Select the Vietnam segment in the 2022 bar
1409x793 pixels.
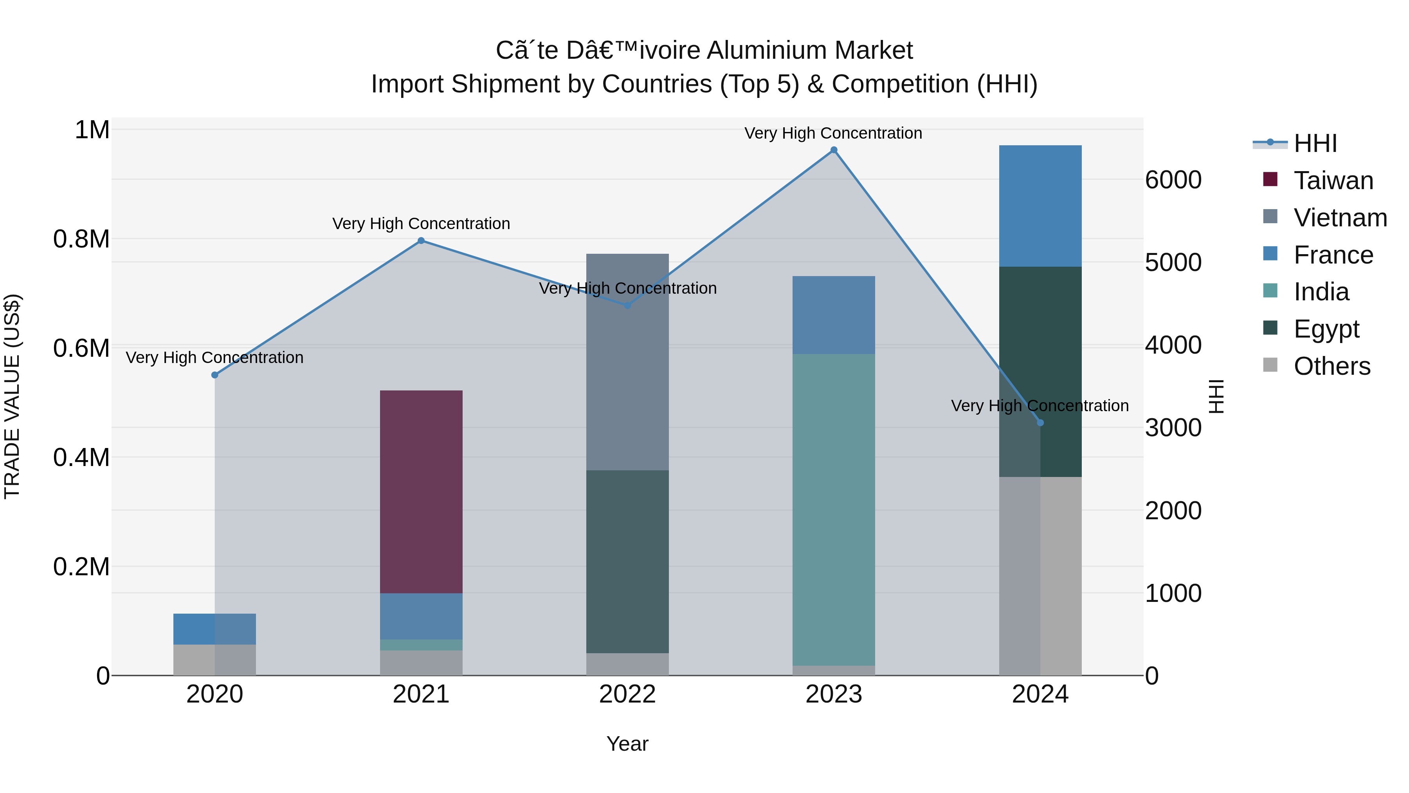pos(627,361)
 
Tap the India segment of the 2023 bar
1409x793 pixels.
pos(834,509)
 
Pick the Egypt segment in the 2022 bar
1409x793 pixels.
pos(627,561)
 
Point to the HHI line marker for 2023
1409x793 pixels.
pos(834,150)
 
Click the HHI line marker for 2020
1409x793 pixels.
pos(215,375)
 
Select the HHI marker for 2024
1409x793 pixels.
pos(1040,423)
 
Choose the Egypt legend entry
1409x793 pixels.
pos(1326,329)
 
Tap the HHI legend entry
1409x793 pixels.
pos(1315,143)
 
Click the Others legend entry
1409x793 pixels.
pos(1332,366)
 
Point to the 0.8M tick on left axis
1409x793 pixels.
pos(81,239)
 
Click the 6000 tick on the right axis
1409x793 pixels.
pos(1173,180)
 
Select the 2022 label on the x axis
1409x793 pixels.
pos(627,694)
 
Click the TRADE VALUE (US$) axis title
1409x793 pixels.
pos(12,396)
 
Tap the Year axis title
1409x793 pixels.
pos(627,744)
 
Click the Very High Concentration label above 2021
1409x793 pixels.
pos(421,224)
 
